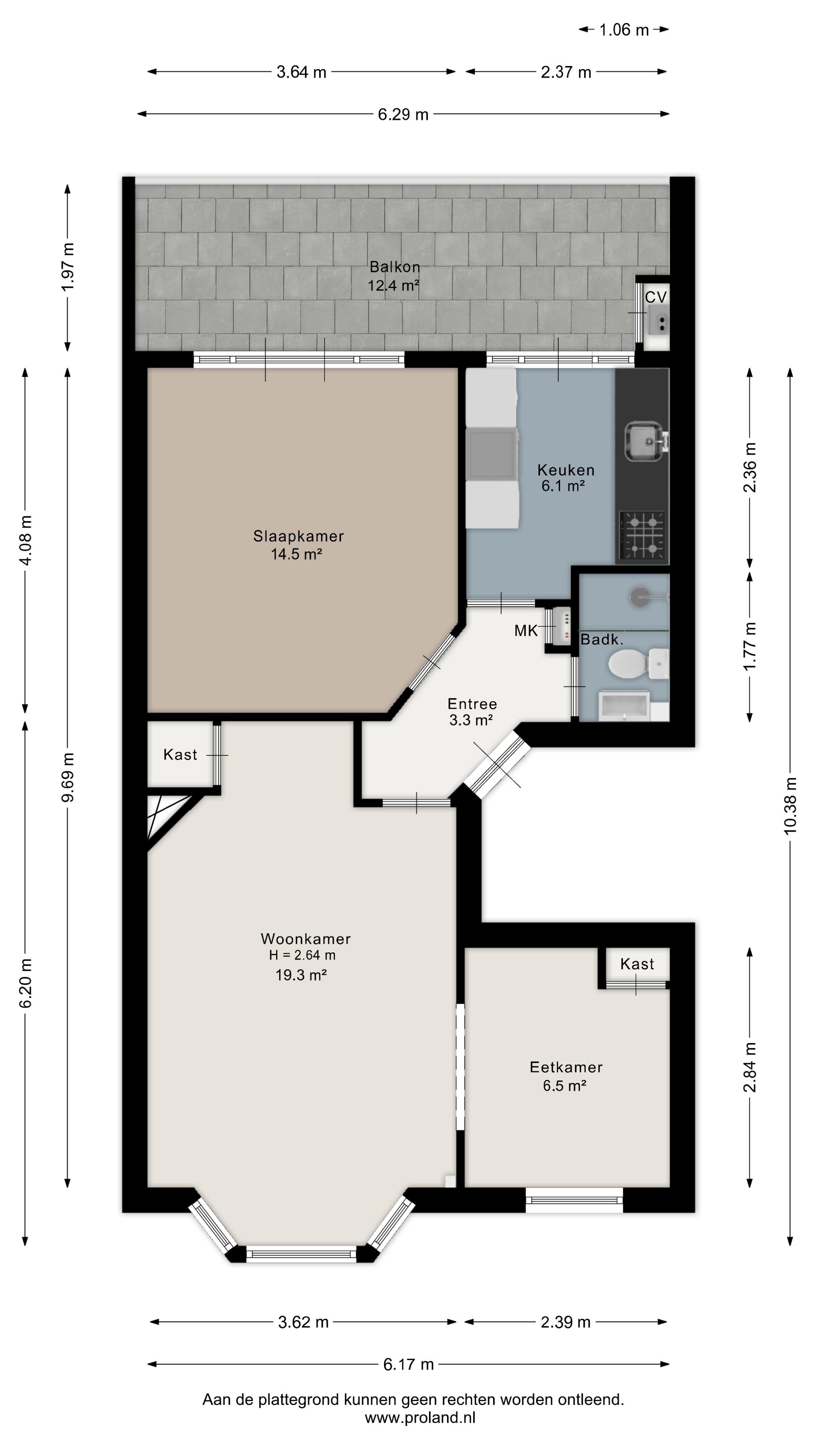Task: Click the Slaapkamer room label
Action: pyautogui.click(x=298, y=536)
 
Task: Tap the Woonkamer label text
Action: pyautogui.click(x=305, y=939)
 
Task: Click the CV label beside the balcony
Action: pyautogui.click(x=655, y=297)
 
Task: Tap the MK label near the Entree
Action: pyautogui.click(x=526, y=631)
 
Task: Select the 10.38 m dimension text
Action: pyautogui.click(x=790, y=806)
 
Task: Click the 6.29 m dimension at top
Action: pyautogui.click(x=403, y=114)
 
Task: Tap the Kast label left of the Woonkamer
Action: pyautogui.click(x=180, y=754)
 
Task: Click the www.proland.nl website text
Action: pyautogui.click(x=420, y=1418)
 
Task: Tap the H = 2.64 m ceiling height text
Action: pyautogui.click(x=302, y=955)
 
